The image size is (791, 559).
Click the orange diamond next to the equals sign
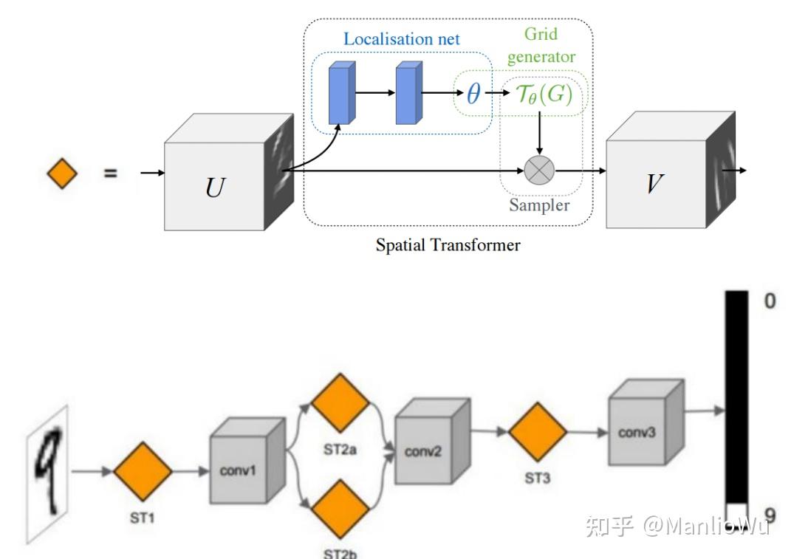pos(62,175)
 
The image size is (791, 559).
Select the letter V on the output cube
pos(652,182)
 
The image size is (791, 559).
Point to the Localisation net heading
pos(401,39)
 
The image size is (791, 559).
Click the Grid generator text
pos(541,45)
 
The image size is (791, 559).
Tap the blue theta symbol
pos(473,94)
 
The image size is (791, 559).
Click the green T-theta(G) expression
pos(543,95)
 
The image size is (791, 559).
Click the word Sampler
pos(540,205)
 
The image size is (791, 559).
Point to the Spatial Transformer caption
pos(448,245)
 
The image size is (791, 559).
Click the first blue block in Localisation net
pos(341,92)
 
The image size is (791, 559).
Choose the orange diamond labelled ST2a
pos(340,402)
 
